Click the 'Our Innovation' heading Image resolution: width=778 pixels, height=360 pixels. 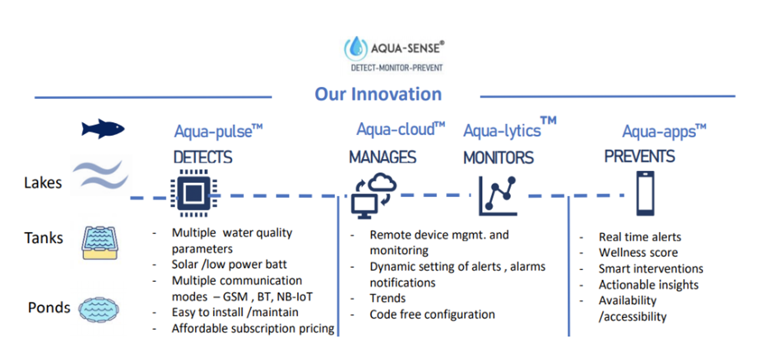click(378, 94)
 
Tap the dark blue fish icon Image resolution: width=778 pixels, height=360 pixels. click(103, 129)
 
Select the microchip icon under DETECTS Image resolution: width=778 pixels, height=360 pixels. click(193, 193)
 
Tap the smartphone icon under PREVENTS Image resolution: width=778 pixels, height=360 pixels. click(645, 193)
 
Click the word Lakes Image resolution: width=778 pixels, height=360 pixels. click(43, 183)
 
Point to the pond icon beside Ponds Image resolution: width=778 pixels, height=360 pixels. click(98, 309)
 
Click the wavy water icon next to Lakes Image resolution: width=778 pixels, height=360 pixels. click(101, 175)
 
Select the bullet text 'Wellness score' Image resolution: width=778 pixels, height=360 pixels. click(638, 253)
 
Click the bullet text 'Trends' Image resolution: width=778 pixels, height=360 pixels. click(388, 298)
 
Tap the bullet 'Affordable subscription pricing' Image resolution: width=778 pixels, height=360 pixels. click(253, 328)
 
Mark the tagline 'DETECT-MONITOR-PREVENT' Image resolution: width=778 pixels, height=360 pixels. click(396, 68)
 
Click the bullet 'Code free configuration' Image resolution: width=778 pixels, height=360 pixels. click(432, 315)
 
